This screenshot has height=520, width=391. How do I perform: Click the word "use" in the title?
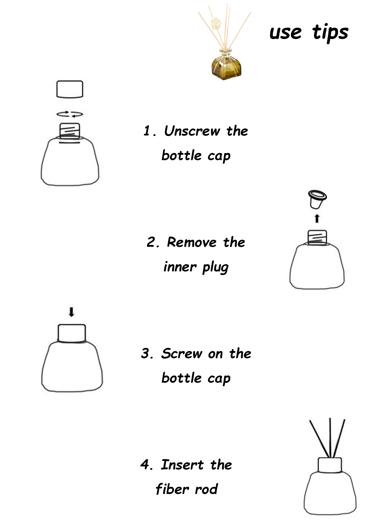pos(285,33)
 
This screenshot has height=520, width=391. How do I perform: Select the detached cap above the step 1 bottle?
pos(70,89)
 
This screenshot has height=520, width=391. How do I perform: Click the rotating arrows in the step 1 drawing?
pos(70,114)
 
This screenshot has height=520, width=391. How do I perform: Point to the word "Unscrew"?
pos(192,131)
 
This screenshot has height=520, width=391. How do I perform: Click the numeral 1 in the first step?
pos(147,131)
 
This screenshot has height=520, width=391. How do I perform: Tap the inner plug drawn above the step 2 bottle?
pos(317,199)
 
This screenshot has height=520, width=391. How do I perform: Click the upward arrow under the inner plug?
pos(317,218)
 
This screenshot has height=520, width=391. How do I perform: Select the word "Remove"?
pos(192,242)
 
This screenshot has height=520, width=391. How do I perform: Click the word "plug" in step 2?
pos(216,267)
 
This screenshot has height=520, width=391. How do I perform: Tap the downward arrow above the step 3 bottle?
pos(71,312)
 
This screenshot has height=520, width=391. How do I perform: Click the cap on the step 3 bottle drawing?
pos(72,333)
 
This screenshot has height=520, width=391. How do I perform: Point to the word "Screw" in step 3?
pos(182,353)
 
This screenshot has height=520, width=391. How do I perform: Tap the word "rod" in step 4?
pos(206,489)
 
